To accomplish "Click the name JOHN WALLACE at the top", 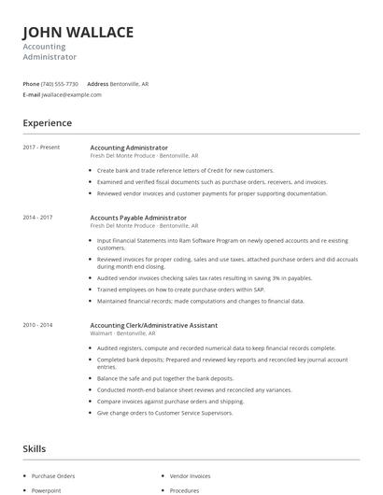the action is tap(78, 33).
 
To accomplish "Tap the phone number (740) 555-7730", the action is tap(61, 84).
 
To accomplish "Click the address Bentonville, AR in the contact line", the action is tap(129, 84).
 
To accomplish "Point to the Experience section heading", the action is tap(48, 122).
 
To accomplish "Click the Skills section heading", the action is tap(35, 449).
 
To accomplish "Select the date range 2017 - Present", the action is tap(41, 148).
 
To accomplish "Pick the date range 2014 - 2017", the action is tap(37, 217).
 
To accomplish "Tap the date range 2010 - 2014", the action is tap(37, 325).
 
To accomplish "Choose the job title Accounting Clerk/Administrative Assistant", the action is tap(154, 325).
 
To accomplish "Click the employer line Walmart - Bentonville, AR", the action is tap(132, 332).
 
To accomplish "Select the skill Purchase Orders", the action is tap(52, 475).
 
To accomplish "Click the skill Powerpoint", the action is tap(47, 489).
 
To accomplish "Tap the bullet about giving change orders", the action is tap(165, 412).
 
